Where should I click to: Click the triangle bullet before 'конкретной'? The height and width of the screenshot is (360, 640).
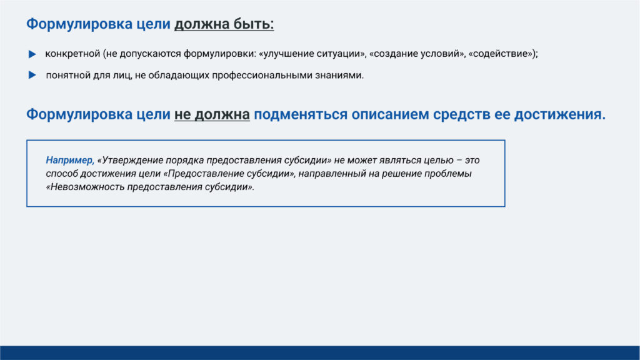coord(32,54)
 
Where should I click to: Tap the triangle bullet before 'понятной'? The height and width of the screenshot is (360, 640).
coord(32,75)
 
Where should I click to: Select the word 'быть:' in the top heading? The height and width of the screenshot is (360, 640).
coord(254,24)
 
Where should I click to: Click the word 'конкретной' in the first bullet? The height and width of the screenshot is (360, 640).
coord(72,54)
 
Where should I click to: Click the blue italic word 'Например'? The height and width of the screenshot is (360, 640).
coord(69,161)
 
